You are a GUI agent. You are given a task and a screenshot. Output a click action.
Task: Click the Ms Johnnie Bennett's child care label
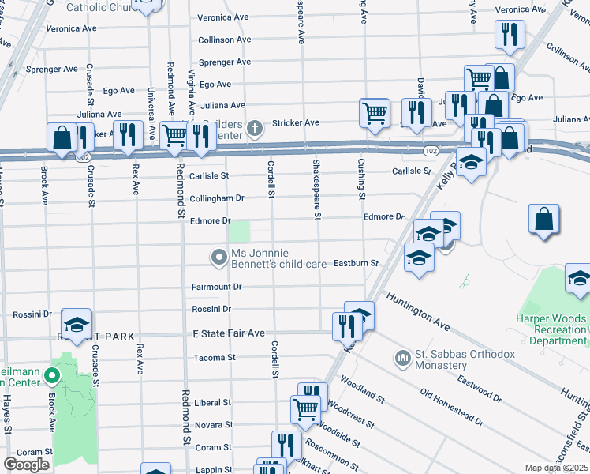(x=278, y=258)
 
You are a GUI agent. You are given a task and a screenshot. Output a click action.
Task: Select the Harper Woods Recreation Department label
(x=559, y=329)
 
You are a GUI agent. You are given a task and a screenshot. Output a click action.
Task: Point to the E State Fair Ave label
(x=229, y=333)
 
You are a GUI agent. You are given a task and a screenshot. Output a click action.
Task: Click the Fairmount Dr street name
(x=216, y=286)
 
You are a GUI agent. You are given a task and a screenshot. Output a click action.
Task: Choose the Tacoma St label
(x=215, y=358)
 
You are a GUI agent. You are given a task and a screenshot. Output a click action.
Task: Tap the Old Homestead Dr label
(x=451, y=407)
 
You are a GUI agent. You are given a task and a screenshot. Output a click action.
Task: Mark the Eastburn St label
(x=357, y=262)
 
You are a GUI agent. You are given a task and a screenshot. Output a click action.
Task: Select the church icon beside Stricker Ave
(x=254, y=126)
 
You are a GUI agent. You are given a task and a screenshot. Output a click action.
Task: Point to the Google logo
(x=26, y=465)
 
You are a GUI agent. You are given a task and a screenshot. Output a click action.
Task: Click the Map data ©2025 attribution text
(x=555, y=468)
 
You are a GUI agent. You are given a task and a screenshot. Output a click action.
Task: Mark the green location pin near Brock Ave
(x=53, y=376)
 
